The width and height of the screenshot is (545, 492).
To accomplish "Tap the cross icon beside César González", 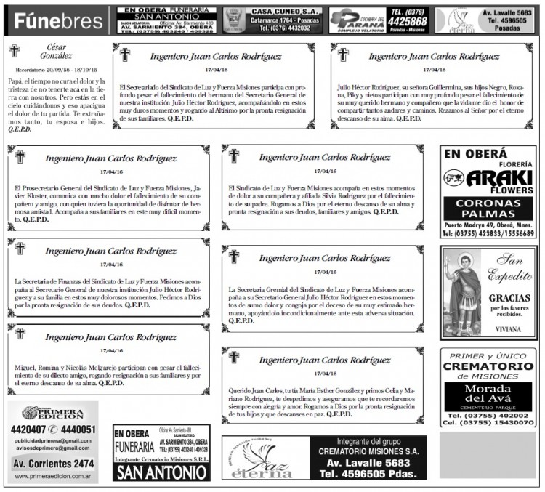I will click(15, 51).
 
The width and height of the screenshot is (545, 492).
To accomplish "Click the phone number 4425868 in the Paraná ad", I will click(405, 22).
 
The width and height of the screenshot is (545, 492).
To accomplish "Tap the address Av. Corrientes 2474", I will click(54, 463).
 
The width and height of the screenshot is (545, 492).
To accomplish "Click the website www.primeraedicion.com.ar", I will click(53, 478).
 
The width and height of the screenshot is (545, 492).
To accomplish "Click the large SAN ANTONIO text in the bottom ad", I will click(161, 472).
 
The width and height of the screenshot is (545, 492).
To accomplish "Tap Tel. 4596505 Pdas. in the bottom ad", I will click(371, 474).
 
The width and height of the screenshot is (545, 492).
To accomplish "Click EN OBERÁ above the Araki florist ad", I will click(476, 154).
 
